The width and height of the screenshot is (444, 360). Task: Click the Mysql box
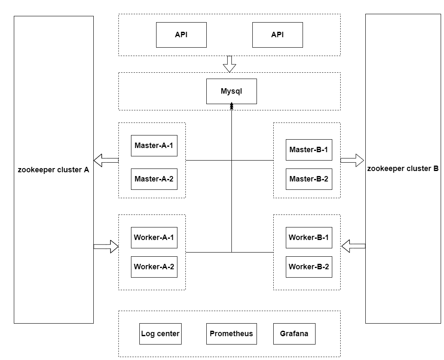click(x=231, y=91)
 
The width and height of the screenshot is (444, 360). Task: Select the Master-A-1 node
click(x=154, y=146)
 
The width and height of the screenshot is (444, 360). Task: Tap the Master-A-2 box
click(x=154, y=179)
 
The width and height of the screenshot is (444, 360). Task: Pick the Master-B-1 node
click(x=309, y=150)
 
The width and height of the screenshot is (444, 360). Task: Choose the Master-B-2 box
click(x=309, y=179)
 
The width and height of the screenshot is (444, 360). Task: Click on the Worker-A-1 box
click(x=154, y=237)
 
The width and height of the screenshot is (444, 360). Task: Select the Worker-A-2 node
click(x=154, y=267)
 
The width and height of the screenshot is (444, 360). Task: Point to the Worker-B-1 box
click(x=309, y=237)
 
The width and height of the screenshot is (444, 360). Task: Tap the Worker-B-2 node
click(x=309, y=267)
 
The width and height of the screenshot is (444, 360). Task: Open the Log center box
click(x=160, y=334)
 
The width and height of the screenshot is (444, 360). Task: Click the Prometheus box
click(x=231, y=334)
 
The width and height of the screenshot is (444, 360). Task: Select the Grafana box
click(x=294, y=334)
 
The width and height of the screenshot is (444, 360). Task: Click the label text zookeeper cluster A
click(x=54, y=170)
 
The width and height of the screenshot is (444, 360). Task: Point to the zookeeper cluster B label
click(x=403, y=169)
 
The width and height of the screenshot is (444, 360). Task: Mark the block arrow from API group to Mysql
click(x=229, y=64)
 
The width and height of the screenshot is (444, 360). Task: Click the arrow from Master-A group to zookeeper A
click(x=106, y=160)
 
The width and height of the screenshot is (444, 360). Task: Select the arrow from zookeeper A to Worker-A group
click(x=106, y=246)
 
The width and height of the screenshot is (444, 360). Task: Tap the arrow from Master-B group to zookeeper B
click(x=352, y=160)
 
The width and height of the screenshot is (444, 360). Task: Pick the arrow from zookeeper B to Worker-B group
click(x=353, y=246)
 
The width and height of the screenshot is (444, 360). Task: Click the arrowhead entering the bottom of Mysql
click(x=231, y=107)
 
